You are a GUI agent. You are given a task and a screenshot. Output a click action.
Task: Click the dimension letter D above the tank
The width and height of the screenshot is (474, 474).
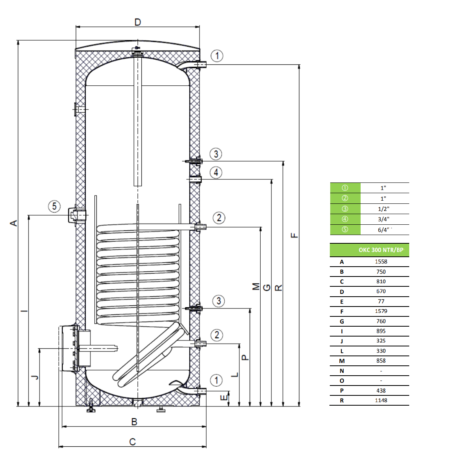[x=137, y=22]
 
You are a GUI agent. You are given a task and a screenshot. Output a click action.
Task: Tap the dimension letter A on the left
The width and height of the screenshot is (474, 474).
[x=14, y=223]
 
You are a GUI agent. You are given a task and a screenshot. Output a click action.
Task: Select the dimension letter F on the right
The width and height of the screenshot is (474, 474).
[x=294, y=235]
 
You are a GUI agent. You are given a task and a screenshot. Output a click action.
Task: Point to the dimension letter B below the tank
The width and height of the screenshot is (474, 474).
[x=134, y=421]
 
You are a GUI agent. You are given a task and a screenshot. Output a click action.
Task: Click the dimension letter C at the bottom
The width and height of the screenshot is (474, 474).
[x=132, y=442]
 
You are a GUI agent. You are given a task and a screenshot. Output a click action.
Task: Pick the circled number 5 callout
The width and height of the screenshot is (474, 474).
[x=55, y=206]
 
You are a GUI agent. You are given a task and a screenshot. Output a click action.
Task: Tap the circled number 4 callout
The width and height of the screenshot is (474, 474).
[x=216, y=173]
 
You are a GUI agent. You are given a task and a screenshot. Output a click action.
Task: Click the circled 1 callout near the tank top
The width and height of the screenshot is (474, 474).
[x=217, y=56]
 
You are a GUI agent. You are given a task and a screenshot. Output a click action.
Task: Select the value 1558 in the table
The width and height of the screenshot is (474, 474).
[x=381, y=261]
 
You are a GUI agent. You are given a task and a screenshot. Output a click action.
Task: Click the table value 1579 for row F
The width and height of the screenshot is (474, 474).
[x=381, y=311]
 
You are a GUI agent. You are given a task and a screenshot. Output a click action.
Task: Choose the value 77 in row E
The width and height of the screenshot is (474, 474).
[x=381, y=301]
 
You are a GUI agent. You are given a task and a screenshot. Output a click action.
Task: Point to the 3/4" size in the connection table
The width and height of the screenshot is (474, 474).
[x=384, y=219]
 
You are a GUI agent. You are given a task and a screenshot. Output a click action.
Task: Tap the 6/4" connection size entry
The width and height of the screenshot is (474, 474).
[x=384, y=230]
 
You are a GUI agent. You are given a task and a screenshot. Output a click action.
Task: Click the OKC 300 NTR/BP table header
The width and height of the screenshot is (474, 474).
[x=381, y=250]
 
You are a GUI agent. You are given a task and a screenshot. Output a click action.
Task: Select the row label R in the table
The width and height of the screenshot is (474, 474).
[x=342, y=401]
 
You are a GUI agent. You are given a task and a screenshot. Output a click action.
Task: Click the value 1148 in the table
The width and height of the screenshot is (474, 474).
[x=381, y=401]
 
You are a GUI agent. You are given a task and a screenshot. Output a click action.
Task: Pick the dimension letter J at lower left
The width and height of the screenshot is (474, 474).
[x=35, y=377]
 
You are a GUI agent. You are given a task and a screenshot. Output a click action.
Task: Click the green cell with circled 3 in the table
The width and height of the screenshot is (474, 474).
[x=345, y=209]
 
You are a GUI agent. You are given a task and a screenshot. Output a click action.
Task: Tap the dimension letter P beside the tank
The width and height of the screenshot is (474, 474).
[x=245, y=357]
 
